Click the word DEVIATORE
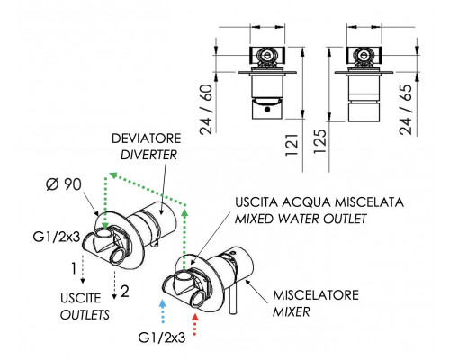tap(147, 139)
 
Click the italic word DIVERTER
tap(148, 155)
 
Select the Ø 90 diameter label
tap(64, 184)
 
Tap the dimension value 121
tap(292, 145)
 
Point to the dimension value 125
tap(319, 141)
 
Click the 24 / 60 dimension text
tap(206, 110)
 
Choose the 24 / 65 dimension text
tap(406, 110)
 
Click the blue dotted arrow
tap(162, 311)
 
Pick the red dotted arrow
tap(195, 324)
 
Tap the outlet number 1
tap(74, 268)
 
